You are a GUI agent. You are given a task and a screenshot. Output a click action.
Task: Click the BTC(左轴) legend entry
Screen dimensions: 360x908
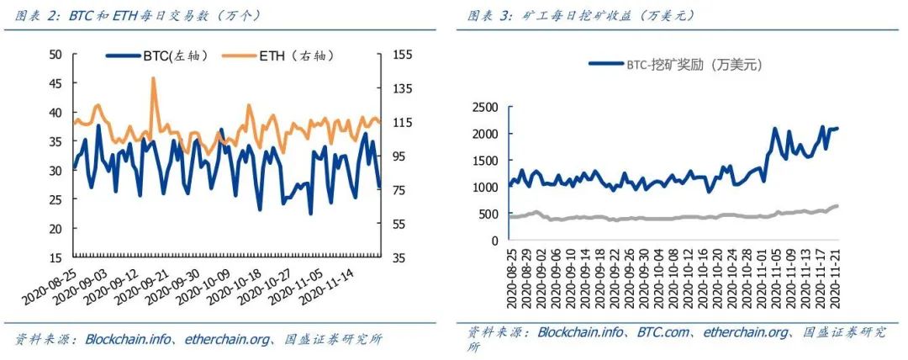coord(160,56)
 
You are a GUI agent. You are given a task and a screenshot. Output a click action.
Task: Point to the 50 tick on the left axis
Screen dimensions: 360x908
coord(56,55)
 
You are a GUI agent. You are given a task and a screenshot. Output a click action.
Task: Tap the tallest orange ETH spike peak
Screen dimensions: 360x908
coord(153,78)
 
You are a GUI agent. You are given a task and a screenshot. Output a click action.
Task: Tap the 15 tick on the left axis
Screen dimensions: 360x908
coord(56,257)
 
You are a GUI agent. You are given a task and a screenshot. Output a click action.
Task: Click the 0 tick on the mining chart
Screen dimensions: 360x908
coord(494,241)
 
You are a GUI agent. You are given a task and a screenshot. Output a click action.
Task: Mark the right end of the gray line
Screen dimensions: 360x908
coord(837,205)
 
